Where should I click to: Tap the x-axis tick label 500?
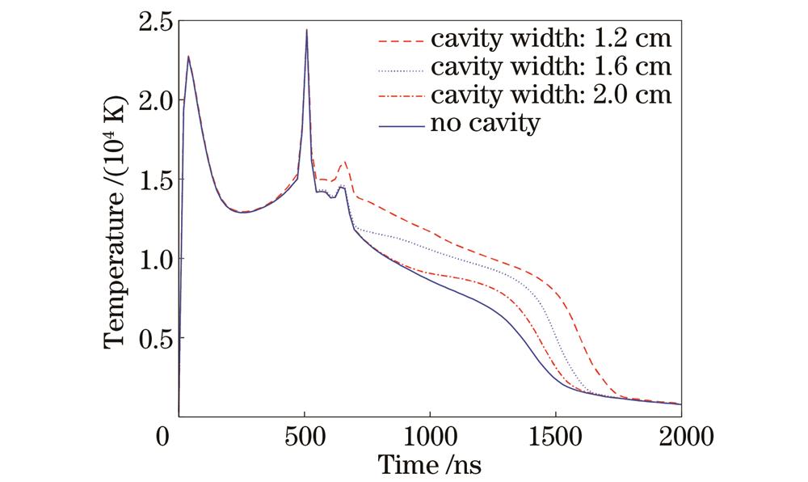[305, 438]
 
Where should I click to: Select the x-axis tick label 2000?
[680, 438]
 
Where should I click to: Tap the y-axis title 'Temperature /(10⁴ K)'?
[117, 218]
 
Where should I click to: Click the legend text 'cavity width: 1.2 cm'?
[550, 39]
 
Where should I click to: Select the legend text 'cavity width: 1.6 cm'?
[550, 67]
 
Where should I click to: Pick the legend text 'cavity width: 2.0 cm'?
[550, 95]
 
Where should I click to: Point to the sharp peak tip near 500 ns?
[307, 30]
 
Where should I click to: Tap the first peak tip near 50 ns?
[188, 57]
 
